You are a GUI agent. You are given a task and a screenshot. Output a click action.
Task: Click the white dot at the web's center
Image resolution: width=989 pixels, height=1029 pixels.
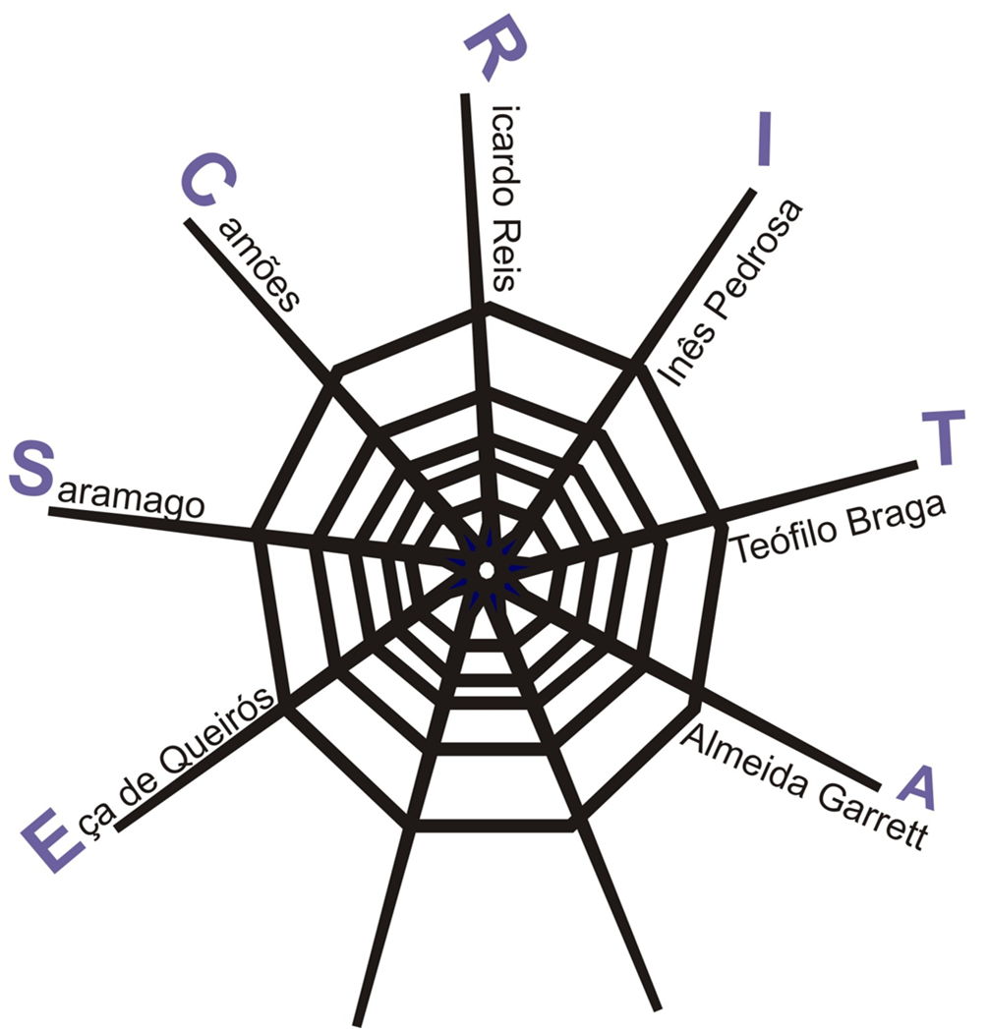[x=486, y=569]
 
